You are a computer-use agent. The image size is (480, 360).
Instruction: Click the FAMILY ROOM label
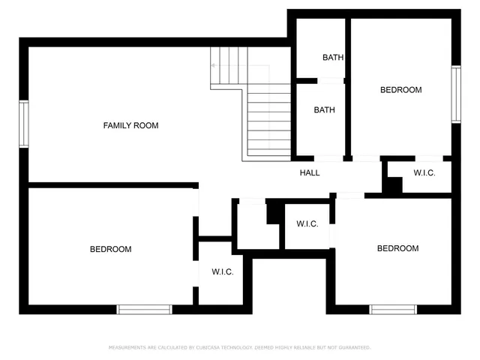coord(130,125)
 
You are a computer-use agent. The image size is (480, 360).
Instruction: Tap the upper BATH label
coord(333,57)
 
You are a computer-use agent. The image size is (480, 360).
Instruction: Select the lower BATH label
coord(324,109)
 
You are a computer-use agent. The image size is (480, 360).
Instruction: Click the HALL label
coord(310,172)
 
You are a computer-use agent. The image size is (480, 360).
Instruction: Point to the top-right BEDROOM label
coord(400,90)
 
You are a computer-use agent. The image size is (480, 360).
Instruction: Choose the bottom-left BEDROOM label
coord(110,249)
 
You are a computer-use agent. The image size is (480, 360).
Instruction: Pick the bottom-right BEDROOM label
coord(397,248)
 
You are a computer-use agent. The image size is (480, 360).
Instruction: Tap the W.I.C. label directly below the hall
coord(307,223)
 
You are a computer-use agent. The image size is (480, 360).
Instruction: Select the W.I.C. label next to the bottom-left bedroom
coord(222,271)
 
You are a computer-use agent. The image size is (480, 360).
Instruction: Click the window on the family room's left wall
coord(23,124)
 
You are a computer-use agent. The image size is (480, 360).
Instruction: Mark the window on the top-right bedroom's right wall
coord(455,94)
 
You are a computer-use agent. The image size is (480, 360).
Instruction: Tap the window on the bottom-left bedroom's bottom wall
coord(144,309)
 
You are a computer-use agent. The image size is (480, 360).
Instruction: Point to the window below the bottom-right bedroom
coord(393,309)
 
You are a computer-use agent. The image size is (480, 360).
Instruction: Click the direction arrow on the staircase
coord(215,65)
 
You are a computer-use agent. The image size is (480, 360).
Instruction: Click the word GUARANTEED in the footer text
coord(353,347)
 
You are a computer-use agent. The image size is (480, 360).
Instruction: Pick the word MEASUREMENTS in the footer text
coord(127,347)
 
